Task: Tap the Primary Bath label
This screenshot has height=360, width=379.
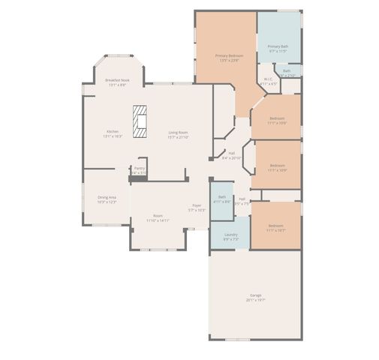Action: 278,46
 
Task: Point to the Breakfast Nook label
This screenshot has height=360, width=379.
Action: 116,79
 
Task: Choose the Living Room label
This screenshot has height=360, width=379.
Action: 178,133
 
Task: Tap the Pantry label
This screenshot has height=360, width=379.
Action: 139,168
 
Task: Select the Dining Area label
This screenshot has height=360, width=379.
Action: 107,197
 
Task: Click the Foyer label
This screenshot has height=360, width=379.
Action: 196,205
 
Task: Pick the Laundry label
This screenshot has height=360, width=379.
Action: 231,235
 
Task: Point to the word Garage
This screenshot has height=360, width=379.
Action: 255,295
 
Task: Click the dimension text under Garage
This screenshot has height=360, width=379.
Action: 255,299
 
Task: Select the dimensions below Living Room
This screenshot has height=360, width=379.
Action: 178,137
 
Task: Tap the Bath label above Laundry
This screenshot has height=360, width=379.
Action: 221,197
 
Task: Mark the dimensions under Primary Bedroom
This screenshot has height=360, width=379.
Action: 228,60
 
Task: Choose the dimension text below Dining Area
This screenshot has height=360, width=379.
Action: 107,202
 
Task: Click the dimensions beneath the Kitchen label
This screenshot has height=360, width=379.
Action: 113,136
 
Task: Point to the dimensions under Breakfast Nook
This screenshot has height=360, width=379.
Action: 116,84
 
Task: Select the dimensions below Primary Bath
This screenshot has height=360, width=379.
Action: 278,51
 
